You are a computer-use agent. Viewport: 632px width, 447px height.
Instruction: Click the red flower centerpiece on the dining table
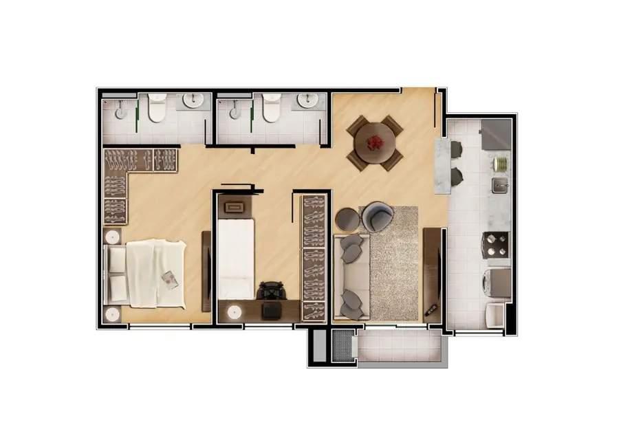click(375, 142)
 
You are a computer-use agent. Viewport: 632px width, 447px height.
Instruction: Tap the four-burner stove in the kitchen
click(497, 243)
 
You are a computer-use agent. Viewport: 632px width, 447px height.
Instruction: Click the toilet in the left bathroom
click(157, 109)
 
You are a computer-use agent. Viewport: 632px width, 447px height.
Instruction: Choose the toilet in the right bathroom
click(271, 108)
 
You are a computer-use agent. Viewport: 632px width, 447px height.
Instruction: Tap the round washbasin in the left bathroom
click(193, 102)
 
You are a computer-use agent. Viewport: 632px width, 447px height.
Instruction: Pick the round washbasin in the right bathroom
click(307, 102)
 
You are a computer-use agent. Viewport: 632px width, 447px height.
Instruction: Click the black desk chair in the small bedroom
click(272, 293)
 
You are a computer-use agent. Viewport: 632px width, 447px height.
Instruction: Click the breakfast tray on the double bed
click(169, 278)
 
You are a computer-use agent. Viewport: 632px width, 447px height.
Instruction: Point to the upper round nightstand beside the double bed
click(112, 237)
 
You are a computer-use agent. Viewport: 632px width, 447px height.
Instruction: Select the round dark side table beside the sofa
click(347, 219)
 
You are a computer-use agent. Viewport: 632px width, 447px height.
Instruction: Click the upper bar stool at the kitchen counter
click(457, 149)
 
